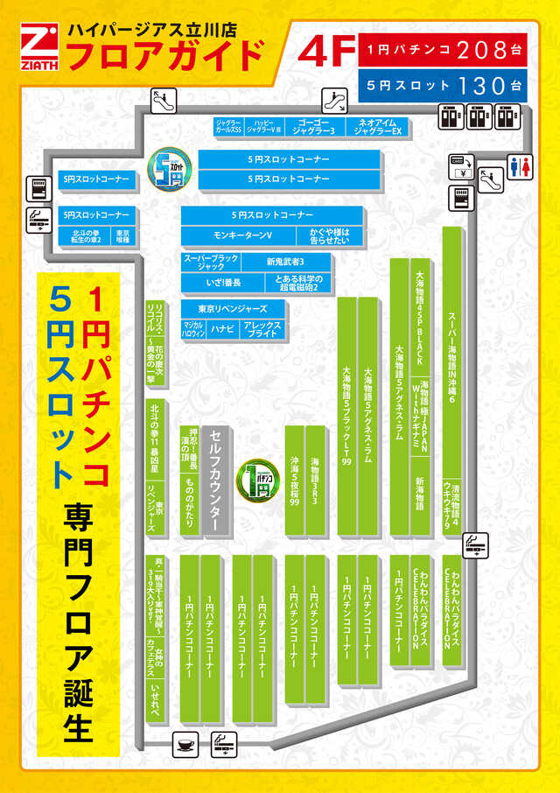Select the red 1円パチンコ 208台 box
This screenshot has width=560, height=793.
(x=443, y=50)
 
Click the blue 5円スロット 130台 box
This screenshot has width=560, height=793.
(x=443, y=86)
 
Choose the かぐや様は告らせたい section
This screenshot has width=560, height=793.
(x=330, y=235)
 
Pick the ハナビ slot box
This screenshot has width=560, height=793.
(x=222, y=329)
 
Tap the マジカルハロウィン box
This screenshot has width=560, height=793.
(x=193, y=329)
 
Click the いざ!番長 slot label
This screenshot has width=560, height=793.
(x=211, y=283)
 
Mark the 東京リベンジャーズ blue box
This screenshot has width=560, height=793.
(x=234, y=309)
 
